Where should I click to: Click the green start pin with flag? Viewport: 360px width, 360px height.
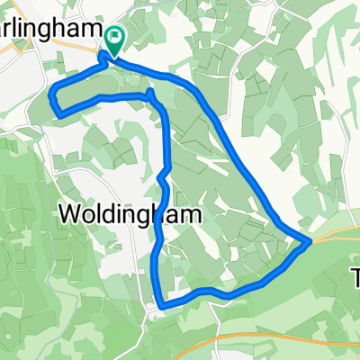point(115,38)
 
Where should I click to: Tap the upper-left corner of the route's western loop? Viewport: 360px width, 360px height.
point(54,88)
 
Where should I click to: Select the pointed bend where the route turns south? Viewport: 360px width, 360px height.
point(149,92)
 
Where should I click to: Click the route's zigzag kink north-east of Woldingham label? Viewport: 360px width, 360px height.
point(164,175)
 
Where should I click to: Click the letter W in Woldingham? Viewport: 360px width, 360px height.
point(71,214)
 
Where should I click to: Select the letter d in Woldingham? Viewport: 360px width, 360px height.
point(109,214)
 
